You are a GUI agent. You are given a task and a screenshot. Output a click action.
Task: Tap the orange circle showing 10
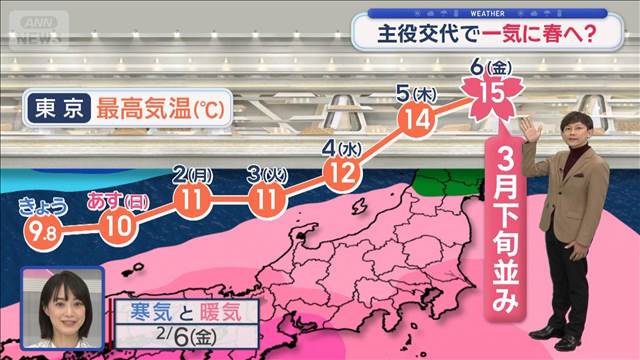(x=117, y=222)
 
